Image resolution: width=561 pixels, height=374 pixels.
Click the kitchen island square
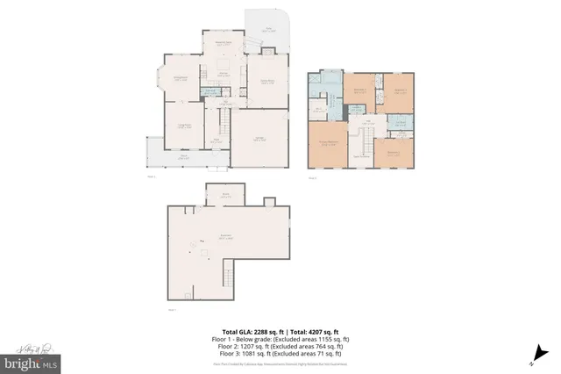[x=217, y=67]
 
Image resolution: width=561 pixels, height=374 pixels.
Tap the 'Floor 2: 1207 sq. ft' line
[x=280, y=345]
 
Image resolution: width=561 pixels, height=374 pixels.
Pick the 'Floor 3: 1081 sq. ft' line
[x=280, y=353]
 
